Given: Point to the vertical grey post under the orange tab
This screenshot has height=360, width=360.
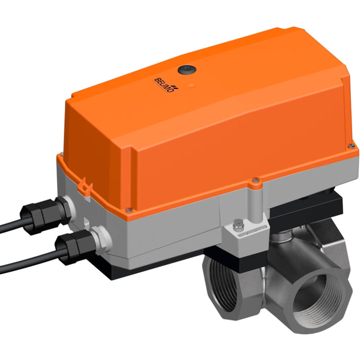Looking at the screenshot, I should coord(254,201).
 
